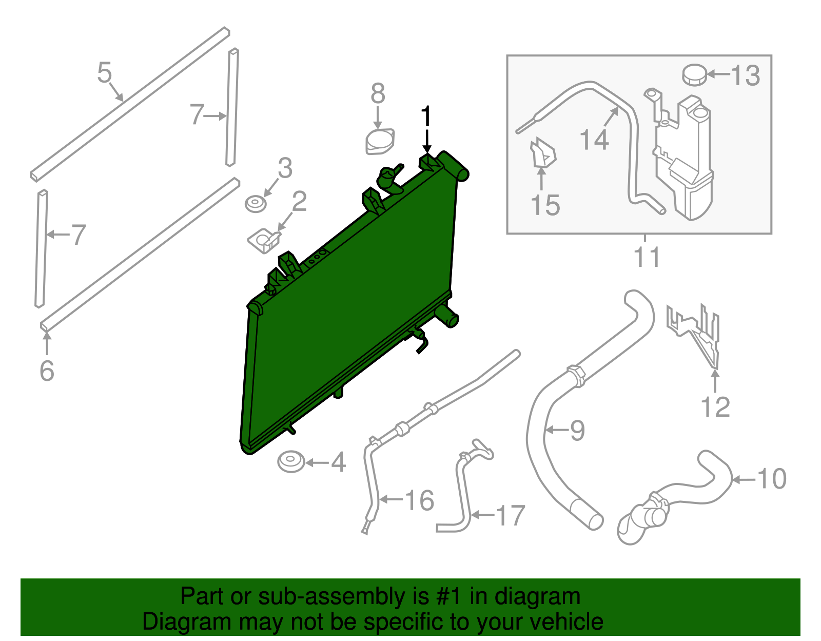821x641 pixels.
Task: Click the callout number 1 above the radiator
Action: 426,117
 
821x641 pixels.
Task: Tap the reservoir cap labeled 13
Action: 694,75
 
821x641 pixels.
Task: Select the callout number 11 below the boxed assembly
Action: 647,257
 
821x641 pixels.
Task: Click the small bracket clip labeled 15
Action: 542,153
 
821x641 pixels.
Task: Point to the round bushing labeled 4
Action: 291,461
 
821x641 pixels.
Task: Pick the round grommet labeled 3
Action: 256,204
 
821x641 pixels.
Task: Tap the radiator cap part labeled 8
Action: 380,141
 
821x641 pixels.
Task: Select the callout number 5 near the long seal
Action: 104,72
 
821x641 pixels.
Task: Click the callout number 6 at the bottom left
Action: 47,371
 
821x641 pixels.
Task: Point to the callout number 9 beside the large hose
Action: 577,430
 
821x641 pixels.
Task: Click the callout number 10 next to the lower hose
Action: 772,478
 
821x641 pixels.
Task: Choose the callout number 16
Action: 420,500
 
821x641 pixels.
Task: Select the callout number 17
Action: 510,515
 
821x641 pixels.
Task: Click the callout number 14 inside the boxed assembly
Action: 594,140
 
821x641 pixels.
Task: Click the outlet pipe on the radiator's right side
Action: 447,315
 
